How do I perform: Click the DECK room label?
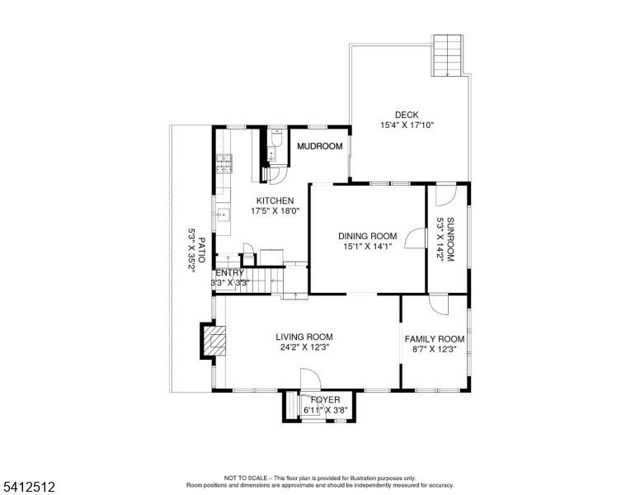click(x=407, y=115)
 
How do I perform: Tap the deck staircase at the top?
click(x=447, y=55)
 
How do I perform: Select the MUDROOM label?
click(x=320, y=146)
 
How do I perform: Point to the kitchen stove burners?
click(x=224, y=164)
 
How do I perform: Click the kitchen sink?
click(x=223, y=214)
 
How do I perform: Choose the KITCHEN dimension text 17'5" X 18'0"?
click(x=275, y=211)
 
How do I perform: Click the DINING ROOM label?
click(x=367, y=236)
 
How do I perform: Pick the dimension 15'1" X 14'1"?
click(x=367, y=247)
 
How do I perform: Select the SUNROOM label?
click(x=450, y=239)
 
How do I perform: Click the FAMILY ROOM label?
click(x=435, y=339)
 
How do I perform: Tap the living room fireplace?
click(x=214, y=341)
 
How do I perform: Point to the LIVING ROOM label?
click(x=304, y=337)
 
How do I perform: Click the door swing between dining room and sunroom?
click(x=416, y=238)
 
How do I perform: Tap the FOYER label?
click(x=325, y=400)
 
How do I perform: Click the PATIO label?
click(x=201, y=250)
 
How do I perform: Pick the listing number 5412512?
click(x=29, y=487)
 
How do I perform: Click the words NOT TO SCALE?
click(x=245, y=478)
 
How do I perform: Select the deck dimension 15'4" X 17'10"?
click(x=407, y=125)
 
